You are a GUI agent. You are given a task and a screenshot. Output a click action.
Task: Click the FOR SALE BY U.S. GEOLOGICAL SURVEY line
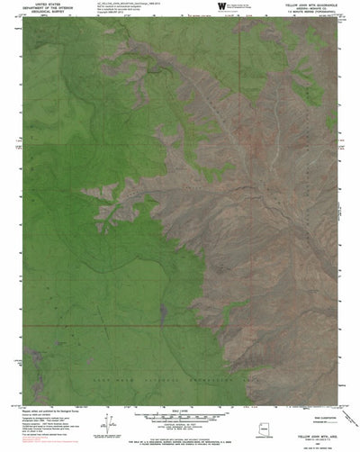click(180, 441)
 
